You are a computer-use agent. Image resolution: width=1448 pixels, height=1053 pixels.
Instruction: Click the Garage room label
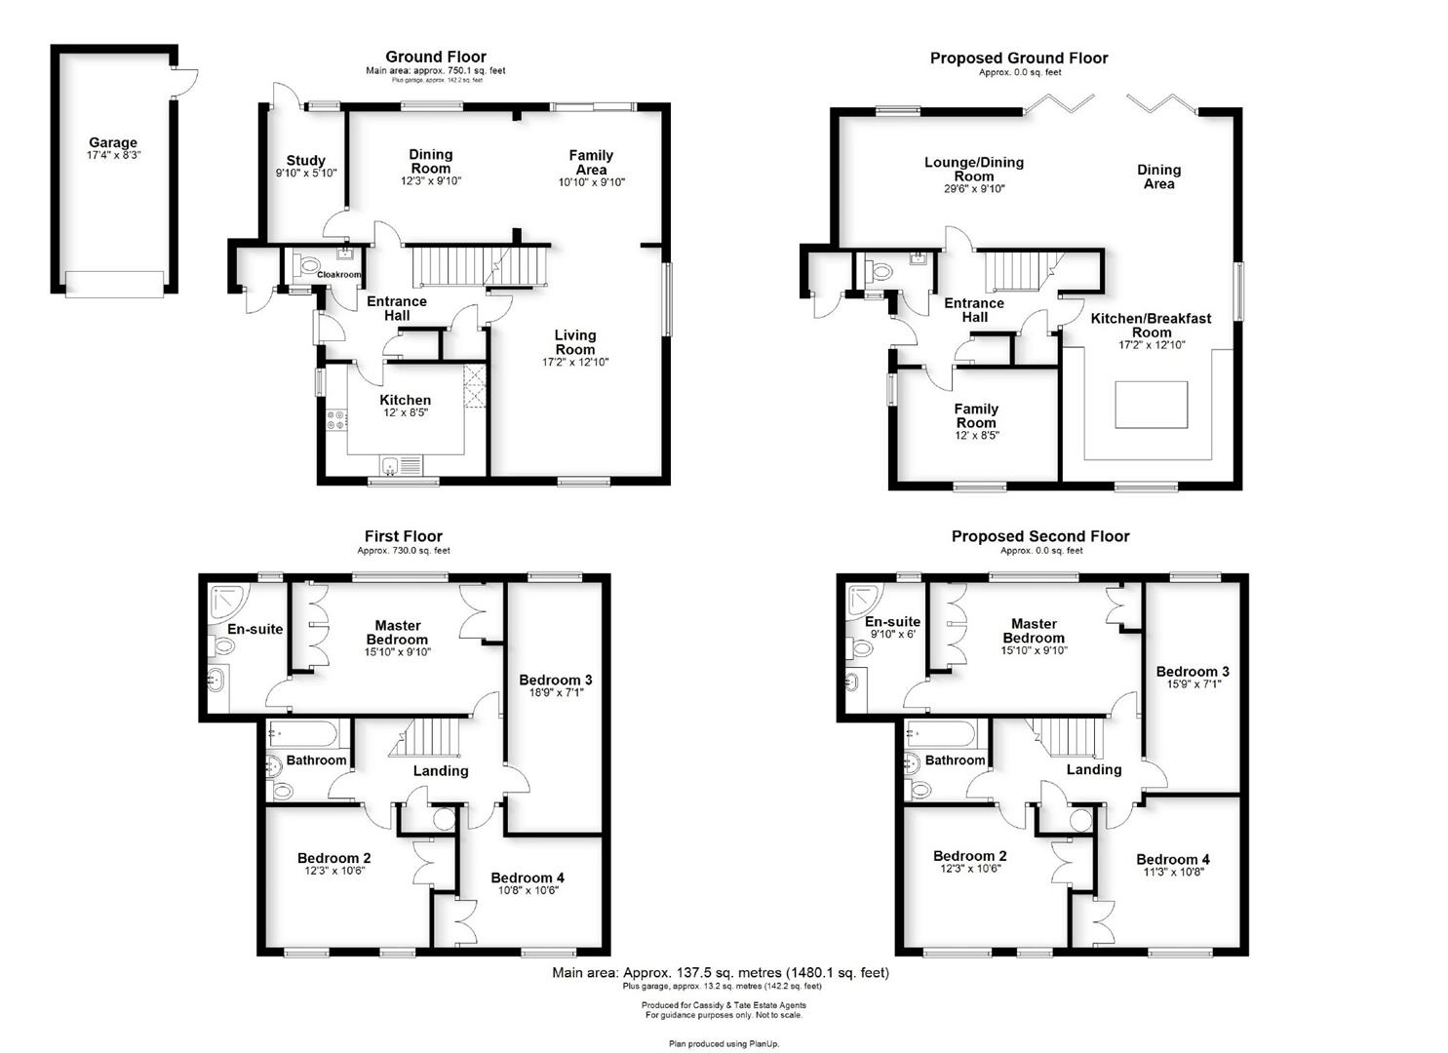[x=113, y=142]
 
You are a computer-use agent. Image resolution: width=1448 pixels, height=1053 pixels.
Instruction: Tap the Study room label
[x=306, y=160]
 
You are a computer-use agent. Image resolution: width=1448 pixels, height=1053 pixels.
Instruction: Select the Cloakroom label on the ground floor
[x=338, y=275]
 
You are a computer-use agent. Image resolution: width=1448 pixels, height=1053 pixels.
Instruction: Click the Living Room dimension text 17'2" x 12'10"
[x=575, y=362]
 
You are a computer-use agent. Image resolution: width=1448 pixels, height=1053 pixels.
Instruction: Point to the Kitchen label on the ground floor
[x=406, y=400]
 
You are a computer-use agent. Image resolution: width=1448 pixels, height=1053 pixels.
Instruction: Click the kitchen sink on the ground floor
[x=402, y=465]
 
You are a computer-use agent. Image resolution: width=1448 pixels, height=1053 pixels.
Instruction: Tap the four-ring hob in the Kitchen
[x=336, y=419]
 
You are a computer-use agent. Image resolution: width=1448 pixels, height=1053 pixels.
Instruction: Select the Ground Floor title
[x=436, y=57]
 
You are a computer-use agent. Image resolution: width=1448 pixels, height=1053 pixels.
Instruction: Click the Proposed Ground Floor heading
[x=1019, y=58]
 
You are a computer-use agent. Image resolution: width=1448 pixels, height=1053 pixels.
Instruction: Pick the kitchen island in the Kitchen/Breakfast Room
[x=1152, y=405]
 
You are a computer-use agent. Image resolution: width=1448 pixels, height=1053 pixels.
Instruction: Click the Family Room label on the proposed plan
[x=976, y=415]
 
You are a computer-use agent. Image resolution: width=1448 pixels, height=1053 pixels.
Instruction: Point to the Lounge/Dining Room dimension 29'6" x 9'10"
[x=974, y=189]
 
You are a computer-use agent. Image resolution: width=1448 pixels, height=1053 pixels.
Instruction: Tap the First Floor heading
[x=404, y=536]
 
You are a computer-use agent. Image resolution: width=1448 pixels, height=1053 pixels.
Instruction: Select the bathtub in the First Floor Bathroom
[x=303, y=734]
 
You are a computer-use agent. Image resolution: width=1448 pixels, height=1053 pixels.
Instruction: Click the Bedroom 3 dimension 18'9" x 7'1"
[x=555, y=692]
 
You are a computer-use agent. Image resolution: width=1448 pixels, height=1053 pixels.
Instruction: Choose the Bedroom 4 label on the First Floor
[x=528, y=877]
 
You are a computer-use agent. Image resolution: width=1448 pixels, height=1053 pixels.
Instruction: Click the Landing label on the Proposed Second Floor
[x=1094, y=769]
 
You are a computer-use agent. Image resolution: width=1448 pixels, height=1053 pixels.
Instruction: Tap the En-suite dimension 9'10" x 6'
[x=893, y=634]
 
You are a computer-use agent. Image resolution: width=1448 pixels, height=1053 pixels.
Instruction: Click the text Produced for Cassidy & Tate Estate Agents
[x=724, y=1005]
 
